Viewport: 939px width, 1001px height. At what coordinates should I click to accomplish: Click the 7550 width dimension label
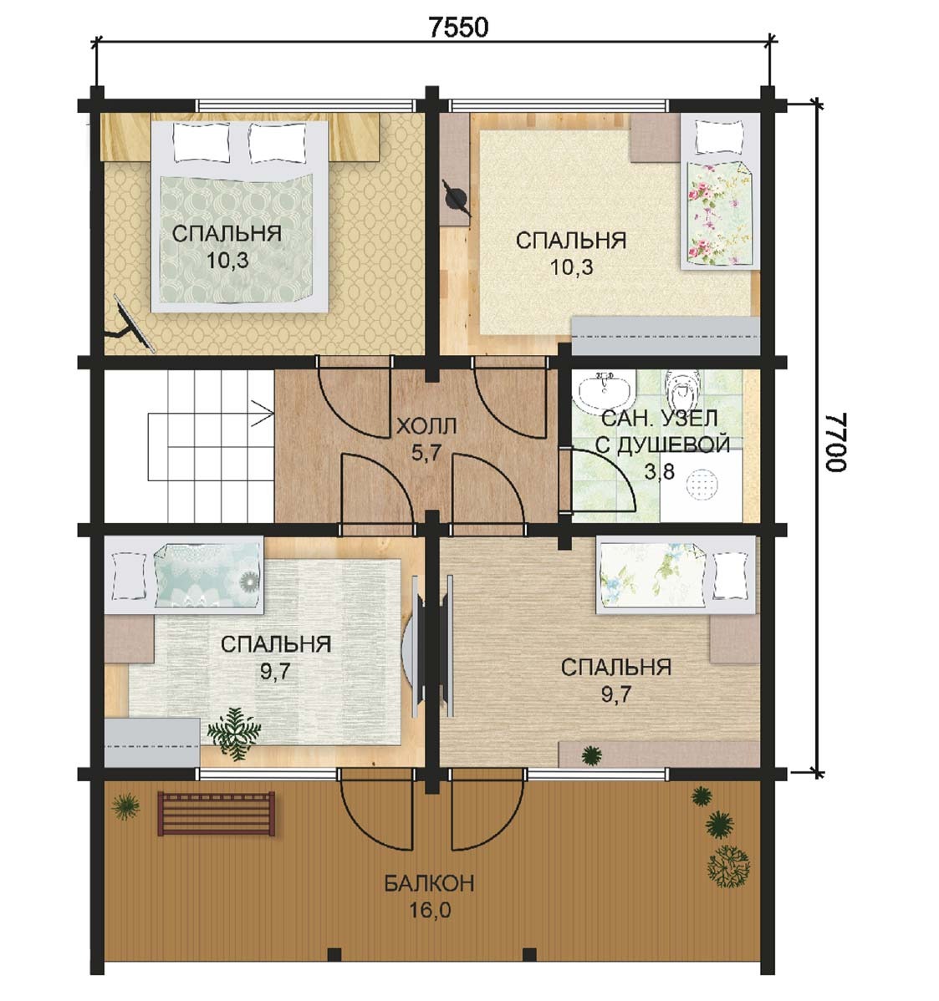pos(458,27)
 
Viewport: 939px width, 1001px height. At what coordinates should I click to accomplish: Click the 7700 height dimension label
pos(836,441)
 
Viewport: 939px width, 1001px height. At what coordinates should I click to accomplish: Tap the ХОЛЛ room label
pos(426,426)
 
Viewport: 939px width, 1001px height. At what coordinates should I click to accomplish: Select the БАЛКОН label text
pos(429,883)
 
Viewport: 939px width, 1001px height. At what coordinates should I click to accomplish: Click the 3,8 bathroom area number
pos(659,472)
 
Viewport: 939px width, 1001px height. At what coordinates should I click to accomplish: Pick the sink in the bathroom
pos(605,390)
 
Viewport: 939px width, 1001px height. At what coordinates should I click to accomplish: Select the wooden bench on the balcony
pos(217,813)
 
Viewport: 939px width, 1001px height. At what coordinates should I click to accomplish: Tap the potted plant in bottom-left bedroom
pos(234,734)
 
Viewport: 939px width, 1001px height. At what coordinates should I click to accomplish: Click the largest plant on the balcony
pos(728,866)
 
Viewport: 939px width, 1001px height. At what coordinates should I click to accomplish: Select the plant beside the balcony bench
pos(125,807)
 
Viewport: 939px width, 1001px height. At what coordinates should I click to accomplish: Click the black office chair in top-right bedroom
pos(457,198)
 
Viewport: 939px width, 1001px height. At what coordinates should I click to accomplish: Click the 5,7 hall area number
pos(426,453)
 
